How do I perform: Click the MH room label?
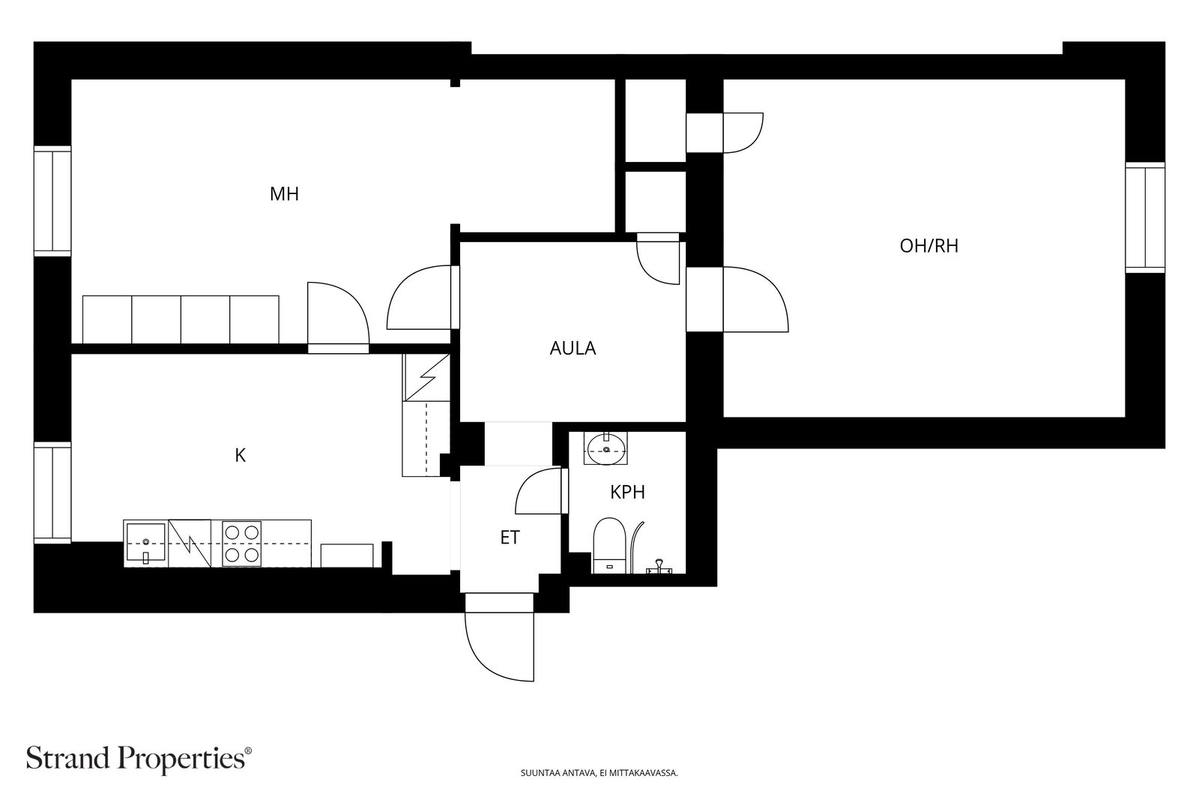[x=284, y=194]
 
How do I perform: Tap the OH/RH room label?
[x=928, y=246]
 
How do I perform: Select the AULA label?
[x=573, y=349]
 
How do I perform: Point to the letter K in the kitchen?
[x=241, y=456]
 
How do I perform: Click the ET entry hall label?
[x=510, y=538]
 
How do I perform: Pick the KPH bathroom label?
[x=627, y=492]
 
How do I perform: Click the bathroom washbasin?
[x=606, y=449]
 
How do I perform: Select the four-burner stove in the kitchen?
[x=243, y=544]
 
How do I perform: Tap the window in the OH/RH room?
[x=1145, y=217]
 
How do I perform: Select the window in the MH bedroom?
[x=52, y=201]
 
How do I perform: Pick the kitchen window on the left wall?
[x=52, y=493]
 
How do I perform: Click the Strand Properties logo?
[x=139, y=759]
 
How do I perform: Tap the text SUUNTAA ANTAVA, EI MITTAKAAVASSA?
[x=599, y=773]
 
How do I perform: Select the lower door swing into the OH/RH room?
[x=756, y=299]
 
